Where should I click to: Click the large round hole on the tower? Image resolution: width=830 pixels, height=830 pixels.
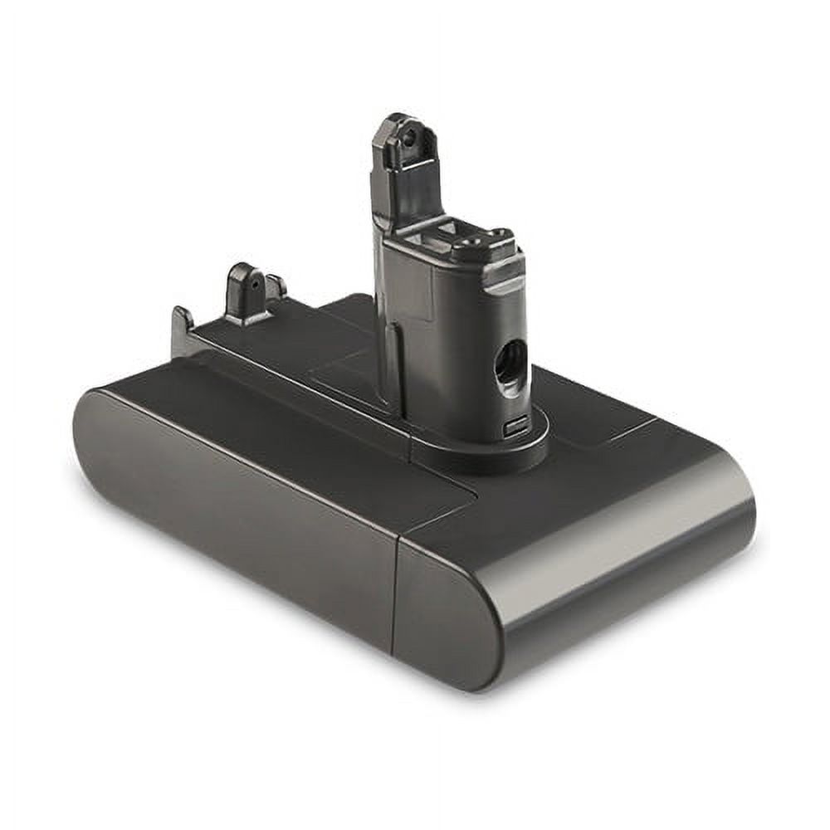point(509,362)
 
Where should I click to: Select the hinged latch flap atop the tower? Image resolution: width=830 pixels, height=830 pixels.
point(404,166)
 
